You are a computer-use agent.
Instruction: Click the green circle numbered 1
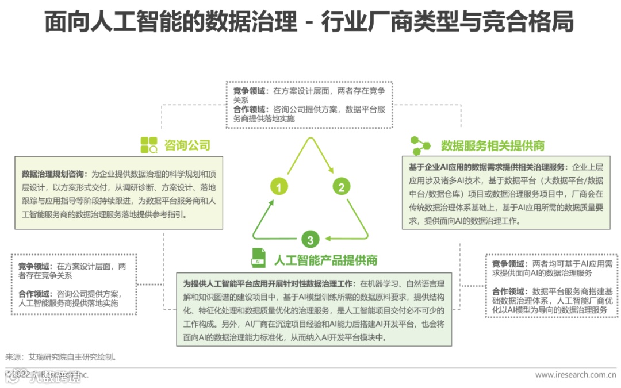[x=279, y=187]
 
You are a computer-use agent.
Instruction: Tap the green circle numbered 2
[x=340, y=187]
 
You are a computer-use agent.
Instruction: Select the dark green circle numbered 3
[x=310, y=240]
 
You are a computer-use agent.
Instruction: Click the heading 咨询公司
[x=187, y=145]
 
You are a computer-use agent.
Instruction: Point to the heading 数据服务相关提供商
[x=492, y=145]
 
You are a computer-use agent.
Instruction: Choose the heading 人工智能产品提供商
[x=325, y=259]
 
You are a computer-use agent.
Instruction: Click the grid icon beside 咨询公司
[x=149, y=145]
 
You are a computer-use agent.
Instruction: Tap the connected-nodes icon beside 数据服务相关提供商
[x=420, y=145]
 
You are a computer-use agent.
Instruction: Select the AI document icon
[x=258, y=258]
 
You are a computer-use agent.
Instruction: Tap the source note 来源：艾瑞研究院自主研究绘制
[x=62, y=356]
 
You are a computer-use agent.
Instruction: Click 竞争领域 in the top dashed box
[x=249, y=91]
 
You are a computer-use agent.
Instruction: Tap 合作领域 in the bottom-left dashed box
[x=34, y=294]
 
